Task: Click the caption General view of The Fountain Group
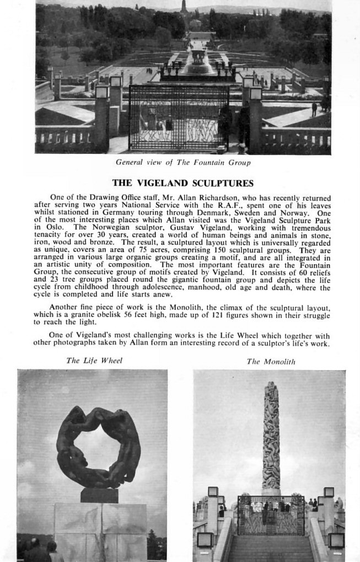click(183, 162)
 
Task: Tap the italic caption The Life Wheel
click(94, 361)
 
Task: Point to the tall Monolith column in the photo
click(271, 436)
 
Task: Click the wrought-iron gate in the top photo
click(179, 117)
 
